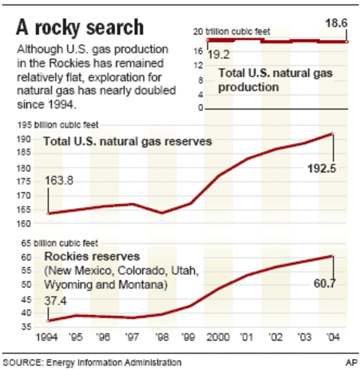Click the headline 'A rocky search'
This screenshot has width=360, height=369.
coord(80,28)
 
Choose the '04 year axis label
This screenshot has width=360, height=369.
coord(333,339)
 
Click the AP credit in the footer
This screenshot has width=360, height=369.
coord(351,362)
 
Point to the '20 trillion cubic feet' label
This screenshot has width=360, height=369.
coord(232,32)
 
